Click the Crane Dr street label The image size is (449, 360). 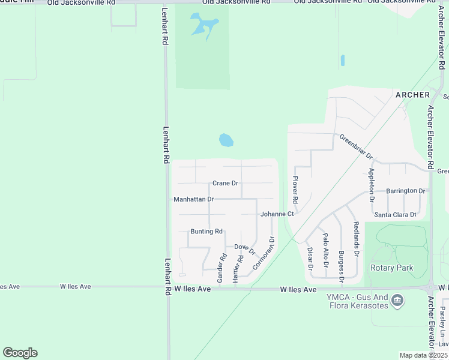coord(225,183)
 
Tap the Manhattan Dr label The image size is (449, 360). coord(193,199)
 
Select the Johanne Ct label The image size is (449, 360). coord(277,214)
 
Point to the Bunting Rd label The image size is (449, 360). coord(206,232)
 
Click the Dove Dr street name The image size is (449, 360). coord(244,248)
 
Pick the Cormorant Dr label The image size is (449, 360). coord(264,253)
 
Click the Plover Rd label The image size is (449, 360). coord(295,188)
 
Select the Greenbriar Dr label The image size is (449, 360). coord(357,146)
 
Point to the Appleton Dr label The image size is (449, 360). coord(372,185)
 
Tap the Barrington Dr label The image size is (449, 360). coord(406,191)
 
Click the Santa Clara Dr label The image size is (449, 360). coord(395,215)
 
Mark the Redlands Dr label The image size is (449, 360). coord(356,239)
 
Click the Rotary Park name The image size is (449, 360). coord(392,268)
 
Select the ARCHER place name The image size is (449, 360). coord(412,95)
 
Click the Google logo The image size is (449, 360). coord(20,353)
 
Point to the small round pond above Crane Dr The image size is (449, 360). coord(226,140)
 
